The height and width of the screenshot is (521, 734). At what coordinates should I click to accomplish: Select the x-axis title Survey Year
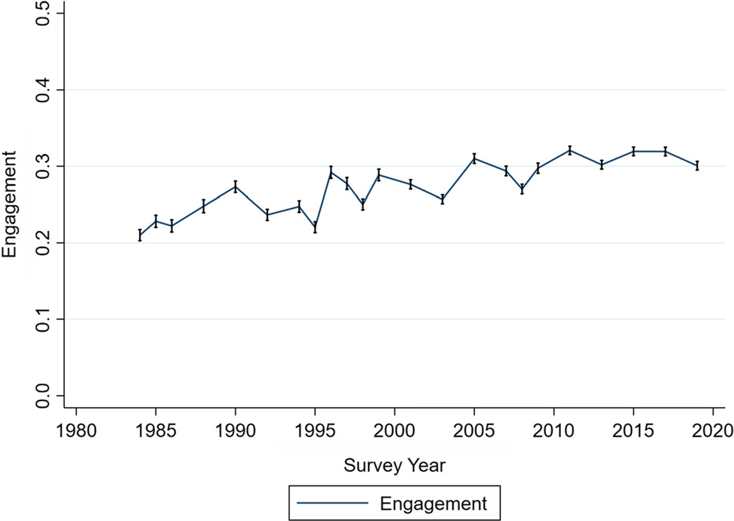pos(394,465)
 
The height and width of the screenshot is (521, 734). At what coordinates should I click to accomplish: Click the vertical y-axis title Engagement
pos(11,204)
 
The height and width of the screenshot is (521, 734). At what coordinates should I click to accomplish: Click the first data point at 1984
pos(140,235)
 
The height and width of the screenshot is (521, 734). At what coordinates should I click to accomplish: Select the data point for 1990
pos(236,187)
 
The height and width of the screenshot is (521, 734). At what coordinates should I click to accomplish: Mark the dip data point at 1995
pos(315,227)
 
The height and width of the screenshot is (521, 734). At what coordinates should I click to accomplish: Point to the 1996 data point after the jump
pos(331,172)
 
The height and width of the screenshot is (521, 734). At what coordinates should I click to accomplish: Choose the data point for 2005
pos(474,159)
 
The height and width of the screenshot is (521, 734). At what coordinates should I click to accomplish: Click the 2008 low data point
pos(522,189)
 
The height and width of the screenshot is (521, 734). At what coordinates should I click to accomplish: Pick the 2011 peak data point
pos(569,150)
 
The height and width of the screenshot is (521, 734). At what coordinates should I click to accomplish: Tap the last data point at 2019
pos(697,165)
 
